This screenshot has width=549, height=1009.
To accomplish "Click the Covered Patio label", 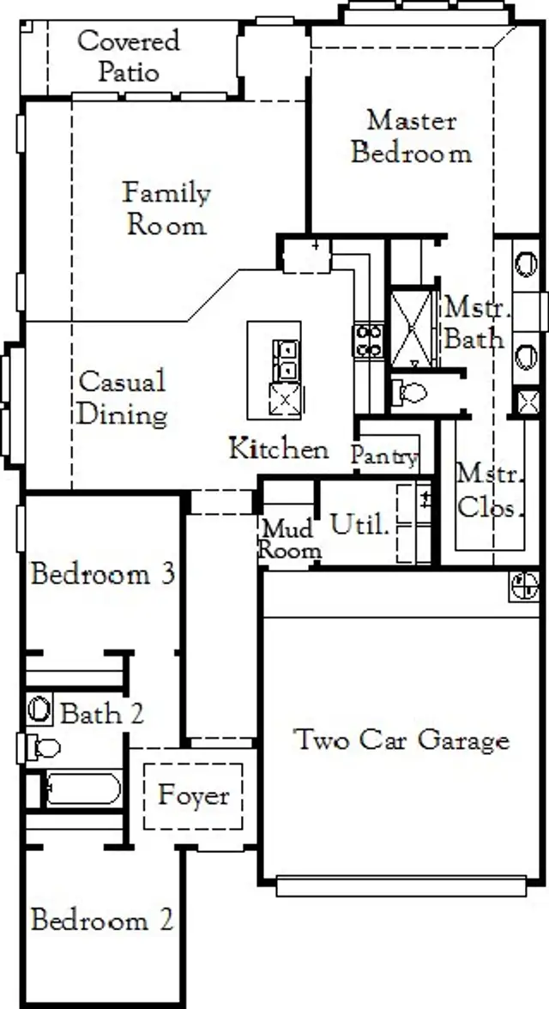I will point(129,55).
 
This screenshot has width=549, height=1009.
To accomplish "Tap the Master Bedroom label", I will point(412,136).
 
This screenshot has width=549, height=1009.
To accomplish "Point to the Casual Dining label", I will point(122,398).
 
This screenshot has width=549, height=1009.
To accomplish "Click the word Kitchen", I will point(278,448).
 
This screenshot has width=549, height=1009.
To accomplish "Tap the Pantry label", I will point(384,456).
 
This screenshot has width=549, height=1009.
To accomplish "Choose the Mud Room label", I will point(290,539).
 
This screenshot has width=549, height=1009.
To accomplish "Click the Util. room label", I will point(360,525).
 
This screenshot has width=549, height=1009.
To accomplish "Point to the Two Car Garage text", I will point(401,740).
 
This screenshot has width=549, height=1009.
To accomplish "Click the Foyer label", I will point(194,795).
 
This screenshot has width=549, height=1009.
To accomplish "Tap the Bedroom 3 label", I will point(103,573).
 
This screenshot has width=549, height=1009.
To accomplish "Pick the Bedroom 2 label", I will point(101,921).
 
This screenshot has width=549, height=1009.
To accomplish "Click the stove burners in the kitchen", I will point(369,340).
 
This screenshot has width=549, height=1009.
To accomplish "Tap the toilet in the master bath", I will point(411,393).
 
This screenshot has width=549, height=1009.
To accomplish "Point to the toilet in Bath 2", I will point(41,748).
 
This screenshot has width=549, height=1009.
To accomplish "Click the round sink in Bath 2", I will point(39,710).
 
